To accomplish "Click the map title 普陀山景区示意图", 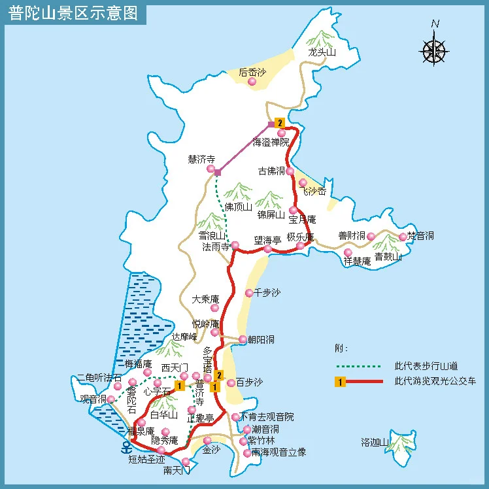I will click(73, 14).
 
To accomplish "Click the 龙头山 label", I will click(322, 53).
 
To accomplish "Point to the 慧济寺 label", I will click(201, 159).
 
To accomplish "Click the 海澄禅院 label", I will click(270, 143).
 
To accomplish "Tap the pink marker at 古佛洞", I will click(290, 171).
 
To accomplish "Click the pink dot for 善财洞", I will click(371, 236).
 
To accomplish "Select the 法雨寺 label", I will click(216, 246).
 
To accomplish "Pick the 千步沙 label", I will click(267, 292).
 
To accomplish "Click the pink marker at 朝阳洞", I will click(243, 339).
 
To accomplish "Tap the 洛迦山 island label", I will click(375, 443).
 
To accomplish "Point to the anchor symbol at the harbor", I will click(126, 447).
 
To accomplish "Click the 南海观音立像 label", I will click(279, 452).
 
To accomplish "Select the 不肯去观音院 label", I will click(267, 416).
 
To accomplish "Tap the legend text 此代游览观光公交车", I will click(435, 381).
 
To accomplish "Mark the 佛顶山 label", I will click(238, 207).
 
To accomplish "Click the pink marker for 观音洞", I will click(110, 399).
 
